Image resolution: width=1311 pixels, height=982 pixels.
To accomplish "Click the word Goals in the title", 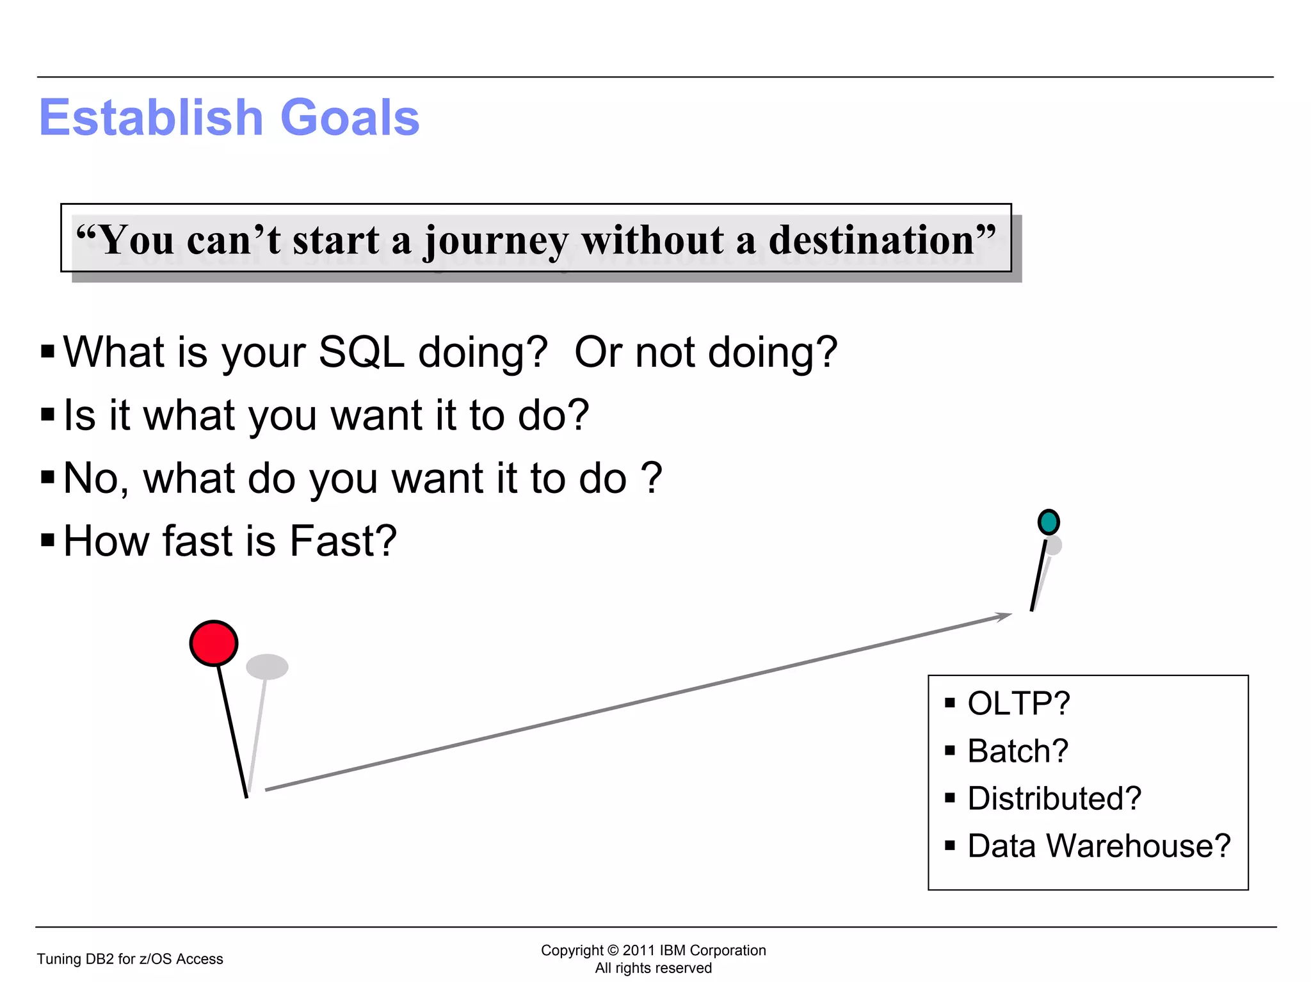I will coord(350,118).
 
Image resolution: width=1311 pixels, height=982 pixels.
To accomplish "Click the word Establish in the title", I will coord(151,118).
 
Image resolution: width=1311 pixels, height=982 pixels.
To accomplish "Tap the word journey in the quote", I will coord(495,241).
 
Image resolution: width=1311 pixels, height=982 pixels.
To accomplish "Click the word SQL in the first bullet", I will coord(361,352).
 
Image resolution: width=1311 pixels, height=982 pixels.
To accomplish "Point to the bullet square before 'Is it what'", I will coord(47,415).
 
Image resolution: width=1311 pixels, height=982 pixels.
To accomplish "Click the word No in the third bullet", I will coord(91,478).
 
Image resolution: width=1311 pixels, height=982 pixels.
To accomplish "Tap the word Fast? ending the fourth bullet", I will coord(343,541).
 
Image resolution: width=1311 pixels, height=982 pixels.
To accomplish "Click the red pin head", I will coord(214,643).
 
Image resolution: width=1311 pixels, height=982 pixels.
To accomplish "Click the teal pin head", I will coord(1049,522).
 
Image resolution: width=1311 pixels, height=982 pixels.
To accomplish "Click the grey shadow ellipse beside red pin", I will coord(267,666).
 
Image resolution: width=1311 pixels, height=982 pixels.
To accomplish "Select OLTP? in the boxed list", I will coord(1018,703).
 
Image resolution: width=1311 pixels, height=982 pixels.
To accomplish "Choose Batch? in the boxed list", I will coord(1018,750).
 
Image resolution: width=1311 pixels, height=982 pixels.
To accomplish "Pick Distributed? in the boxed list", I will coord(1054,798).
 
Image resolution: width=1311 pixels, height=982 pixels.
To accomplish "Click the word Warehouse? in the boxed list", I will coord(1138,846).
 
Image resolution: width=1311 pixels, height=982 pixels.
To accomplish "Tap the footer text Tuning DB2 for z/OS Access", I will coord(130,959).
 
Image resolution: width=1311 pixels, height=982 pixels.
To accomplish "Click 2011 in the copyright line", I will coord(639,950).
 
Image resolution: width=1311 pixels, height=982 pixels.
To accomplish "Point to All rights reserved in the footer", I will coord(653,968).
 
